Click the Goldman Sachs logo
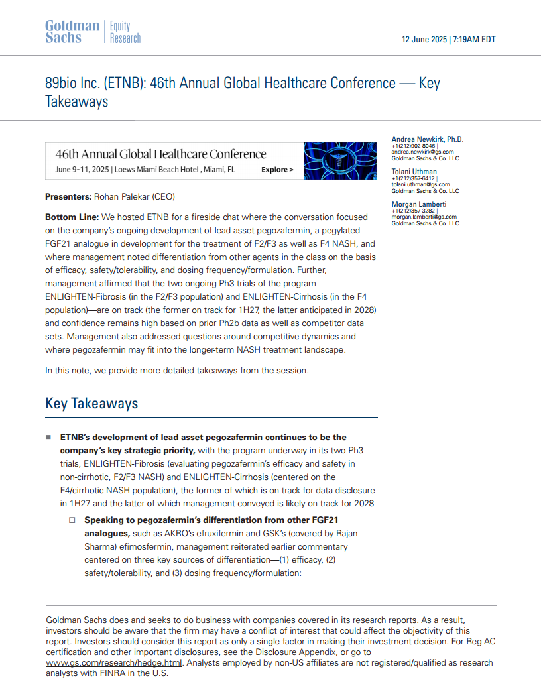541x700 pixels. [72, 32]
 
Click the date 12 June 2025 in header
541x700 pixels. [424, 40]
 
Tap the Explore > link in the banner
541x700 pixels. [277, 170]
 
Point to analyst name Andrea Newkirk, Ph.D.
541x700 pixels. [428, 139]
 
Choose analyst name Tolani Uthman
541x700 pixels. [414, 172]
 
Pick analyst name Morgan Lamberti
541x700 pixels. [418, 204]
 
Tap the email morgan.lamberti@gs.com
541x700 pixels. [424, 217]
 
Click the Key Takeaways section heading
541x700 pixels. [91, 404]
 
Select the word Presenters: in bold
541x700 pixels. [68, 197]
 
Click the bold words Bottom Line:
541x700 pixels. [72, 217]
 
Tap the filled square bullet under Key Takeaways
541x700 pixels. [48, 437]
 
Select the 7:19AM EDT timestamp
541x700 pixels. [474, 40]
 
